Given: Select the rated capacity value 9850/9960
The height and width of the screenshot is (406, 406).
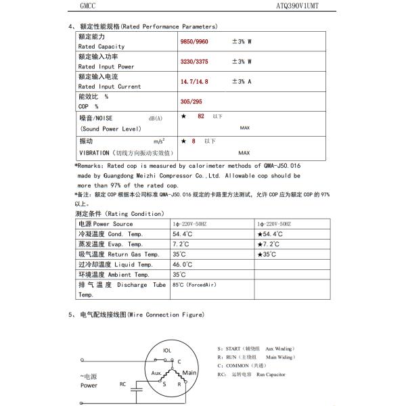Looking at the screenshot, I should (x=196, y=42).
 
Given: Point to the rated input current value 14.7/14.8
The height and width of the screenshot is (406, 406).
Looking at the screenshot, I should (x=195, y=81).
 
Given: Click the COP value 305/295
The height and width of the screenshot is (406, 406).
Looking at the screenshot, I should (x=192, y=101).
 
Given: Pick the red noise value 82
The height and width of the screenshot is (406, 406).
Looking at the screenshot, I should (x=200, y=117).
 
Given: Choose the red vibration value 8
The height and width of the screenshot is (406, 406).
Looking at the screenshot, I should (x=194, y=141).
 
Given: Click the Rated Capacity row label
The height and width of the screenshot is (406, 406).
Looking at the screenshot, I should (x=101, y=46).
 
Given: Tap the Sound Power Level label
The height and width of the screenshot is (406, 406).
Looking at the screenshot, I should (x=110, y=129).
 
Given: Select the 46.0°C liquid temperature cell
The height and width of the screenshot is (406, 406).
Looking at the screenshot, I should (x=183, y=265).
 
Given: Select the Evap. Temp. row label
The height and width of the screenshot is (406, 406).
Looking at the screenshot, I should (x=110, y=244).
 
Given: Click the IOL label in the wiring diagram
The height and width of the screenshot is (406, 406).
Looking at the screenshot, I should (x=168, y=351).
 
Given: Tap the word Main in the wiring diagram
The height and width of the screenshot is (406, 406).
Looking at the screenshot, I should (x=189, y=372).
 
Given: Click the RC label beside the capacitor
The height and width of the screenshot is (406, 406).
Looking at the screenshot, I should (x=122, y=384).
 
